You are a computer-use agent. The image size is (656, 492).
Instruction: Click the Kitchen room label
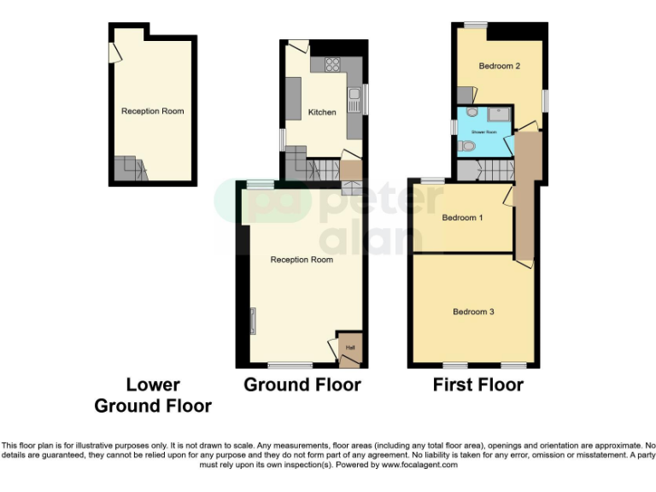pos(322,112)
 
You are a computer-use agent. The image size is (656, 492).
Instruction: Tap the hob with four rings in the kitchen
pos(332,64)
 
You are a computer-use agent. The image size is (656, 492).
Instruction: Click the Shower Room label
pos(484,132)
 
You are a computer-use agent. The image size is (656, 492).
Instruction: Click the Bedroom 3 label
pos(473,312)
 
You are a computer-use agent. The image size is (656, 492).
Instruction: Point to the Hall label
pos(349,347)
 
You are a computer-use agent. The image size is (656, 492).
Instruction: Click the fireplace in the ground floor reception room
pos(252,321)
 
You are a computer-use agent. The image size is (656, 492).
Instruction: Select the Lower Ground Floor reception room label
pos(152,111)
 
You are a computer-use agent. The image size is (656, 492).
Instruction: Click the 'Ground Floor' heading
pos(302,385)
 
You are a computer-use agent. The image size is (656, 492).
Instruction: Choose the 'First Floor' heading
pos(477,385)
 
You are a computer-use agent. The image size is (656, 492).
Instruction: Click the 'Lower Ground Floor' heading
pos(153,395)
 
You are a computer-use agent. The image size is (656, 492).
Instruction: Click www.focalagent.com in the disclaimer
pos(419,465)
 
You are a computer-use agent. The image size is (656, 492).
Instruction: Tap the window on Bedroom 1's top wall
pos(432,181)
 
